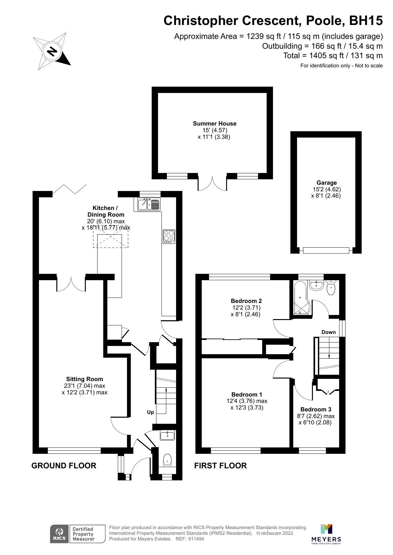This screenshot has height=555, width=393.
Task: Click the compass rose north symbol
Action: pos(52,51)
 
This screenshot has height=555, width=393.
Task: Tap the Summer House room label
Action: pos(215,124)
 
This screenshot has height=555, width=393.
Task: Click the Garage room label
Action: pos(326,183)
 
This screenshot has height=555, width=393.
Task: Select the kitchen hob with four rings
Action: pos(169,236)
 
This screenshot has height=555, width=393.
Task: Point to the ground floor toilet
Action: pos(167,460)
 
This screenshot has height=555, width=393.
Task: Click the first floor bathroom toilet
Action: pos(331,288)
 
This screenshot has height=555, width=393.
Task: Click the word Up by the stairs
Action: pos(150,412)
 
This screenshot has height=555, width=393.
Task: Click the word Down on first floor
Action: pos(328,332)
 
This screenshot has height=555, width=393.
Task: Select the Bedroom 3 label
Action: pos(316,410)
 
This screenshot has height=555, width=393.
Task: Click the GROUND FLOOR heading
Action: pos(64,466)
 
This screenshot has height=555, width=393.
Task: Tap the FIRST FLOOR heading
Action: pos(220,466)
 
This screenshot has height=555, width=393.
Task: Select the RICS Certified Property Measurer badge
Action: pos(78,534)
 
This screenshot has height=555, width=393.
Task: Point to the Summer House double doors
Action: pos(212,183)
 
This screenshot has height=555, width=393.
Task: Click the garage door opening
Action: pos(326,250)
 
